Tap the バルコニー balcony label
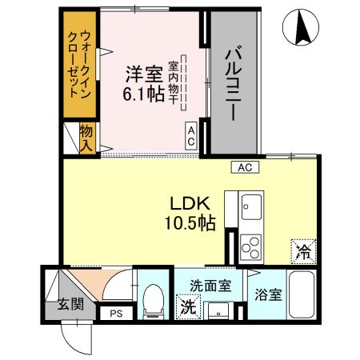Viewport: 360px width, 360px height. [234, 84]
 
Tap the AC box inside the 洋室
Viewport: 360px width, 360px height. [192, 134]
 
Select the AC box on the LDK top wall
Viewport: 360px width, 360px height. [245, 167]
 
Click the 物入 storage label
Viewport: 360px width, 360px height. [86, 137]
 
